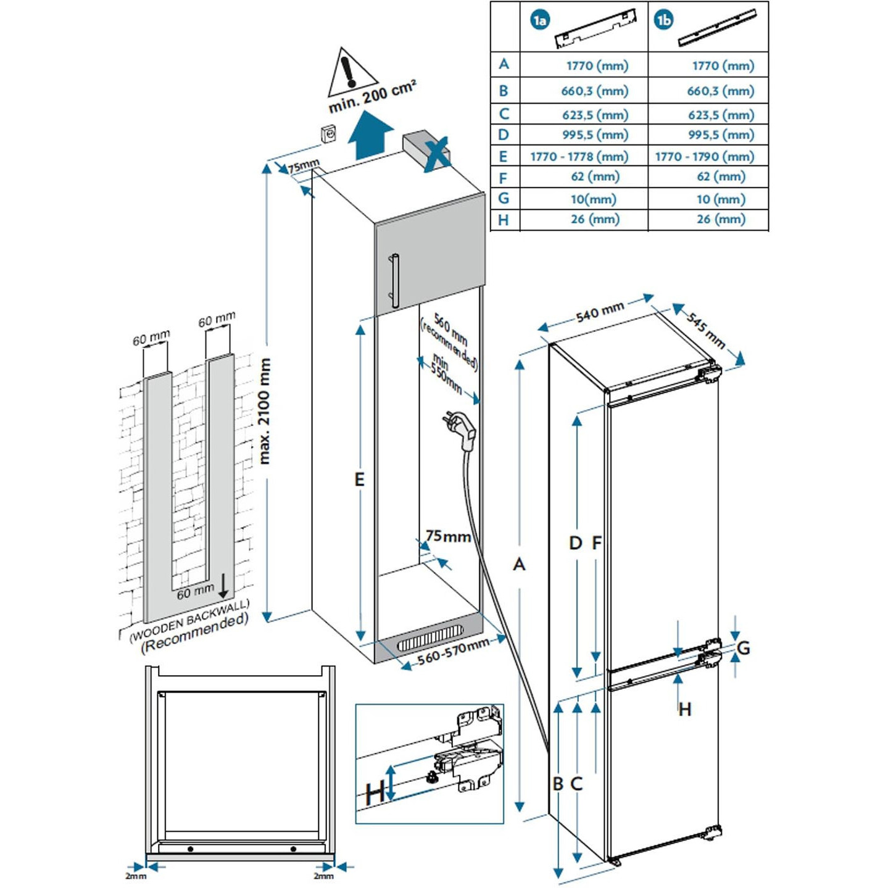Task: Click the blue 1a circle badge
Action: click(x=539, y=21)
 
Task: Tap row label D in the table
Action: click(x=503, y=135)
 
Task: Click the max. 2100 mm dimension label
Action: click(x=264, y=411)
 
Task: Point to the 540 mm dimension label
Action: click(x=600, y=312)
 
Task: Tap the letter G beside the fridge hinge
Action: click(x=744, y=648)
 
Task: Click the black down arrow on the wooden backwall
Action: click(x=223, y=586)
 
